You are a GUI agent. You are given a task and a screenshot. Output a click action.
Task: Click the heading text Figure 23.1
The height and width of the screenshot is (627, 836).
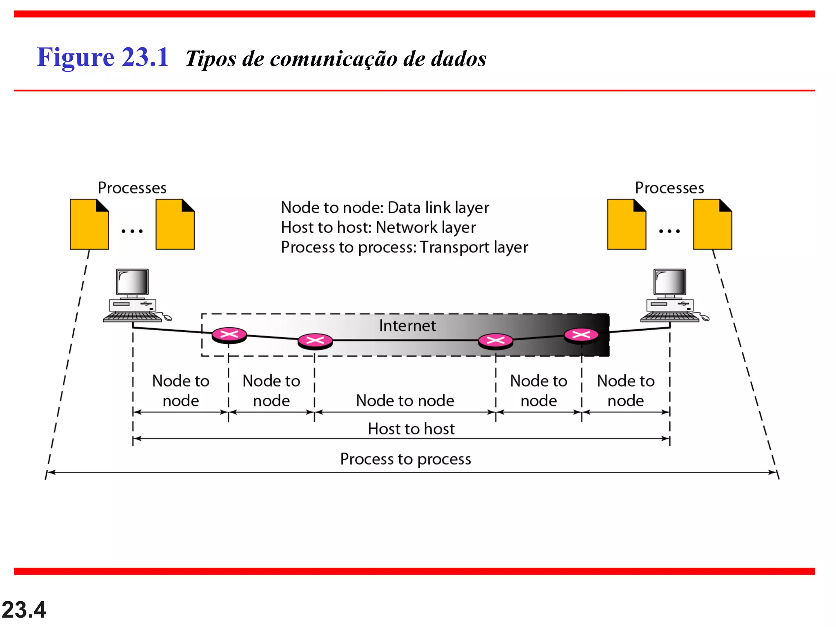102,57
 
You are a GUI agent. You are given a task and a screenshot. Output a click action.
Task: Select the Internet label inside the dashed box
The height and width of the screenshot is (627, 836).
407,326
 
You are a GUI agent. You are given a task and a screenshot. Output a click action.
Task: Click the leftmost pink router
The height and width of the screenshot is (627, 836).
229,335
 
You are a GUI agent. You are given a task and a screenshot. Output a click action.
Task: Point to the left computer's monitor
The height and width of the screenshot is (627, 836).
132,282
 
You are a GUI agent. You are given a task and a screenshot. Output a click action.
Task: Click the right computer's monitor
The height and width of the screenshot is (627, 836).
669,282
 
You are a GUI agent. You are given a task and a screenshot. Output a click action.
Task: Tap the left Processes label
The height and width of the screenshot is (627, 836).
132,188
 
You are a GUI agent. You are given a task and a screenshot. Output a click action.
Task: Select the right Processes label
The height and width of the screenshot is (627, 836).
669,188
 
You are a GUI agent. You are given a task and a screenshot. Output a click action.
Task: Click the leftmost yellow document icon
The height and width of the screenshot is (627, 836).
89,225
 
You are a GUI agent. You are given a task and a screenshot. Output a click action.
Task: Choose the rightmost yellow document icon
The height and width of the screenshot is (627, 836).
712,225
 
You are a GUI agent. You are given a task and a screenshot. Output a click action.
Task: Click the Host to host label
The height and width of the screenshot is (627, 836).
411,429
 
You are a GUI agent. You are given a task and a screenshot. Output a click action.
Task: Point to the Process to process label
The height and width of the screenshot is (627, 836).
405,459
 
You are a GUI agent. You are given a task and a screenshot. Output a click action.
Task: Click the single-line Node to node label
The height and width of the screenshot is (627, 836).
405,401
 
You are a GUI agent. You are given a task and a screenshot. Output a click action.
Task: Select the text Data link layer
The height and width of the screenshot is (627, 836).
438,208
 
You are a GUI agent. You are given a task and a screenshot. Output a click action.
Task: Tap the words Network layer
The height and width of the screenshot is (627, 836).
425,227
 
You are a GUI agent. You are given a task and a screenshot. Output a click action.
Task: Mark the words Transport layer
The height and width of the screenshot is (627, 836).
474,247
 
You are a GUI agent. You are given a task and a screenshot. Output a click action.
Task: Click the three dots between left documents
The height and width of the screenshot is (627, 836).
132,231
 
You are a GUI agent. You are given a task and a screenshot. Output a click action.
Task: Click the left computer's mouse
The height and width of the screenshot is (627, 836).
167,318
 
